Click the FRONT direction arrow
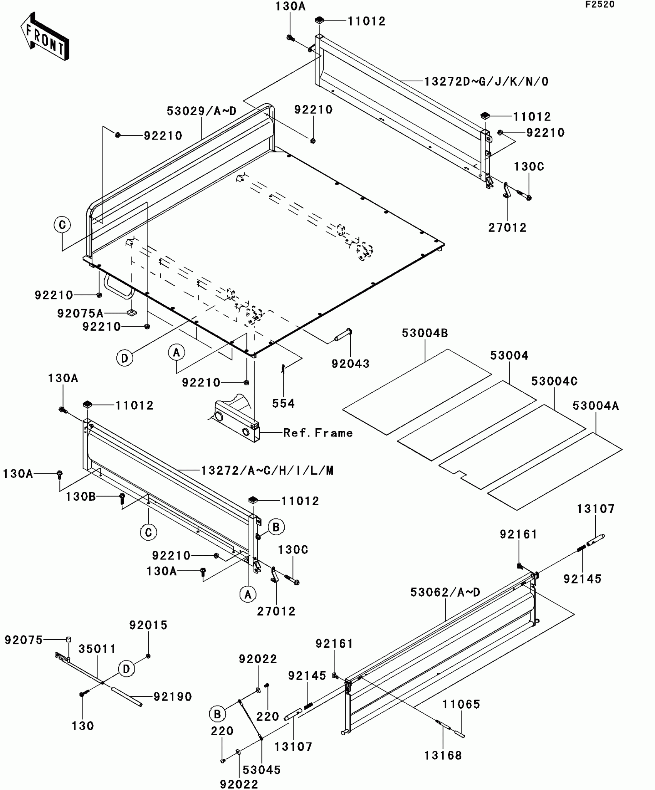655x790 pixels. click(x=45, y=37)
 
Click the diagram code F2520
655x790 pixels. click(x=600, y=5)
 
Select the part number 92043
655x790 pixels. click(x=350, y=363)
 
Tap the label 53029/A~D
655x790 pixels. click(x=202, y=111)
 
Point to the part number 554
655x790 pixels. click(x=283, y=403)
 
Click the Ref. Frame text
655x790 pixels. click(x=318, y=433)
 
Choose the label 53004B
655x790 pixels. click(x=425, y=333)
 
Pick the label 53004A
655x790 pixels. click(x=596, y=406)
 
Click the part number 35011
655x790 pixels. click(x=97, y=649)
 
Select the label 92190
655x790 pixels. click(x=173, y=696)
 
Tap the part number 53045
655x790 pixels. click(x=262, y=770)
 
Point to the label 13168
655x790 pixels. click(x=443, y=755)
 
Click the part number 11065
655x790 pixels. click(x=461, y=704)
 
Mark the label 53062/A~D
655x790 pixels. click(x=445, y=592)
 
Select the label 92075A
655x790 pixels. click(x=80, y=313)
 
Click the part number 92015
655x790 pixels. click(x=148, y=625)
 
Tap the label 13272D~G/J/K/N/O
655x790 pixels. click(x=486, y=81)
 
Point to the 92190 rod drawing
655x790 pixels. click(x=127, y=697)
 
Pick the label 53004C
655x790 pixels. click(x=554, y=381)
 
